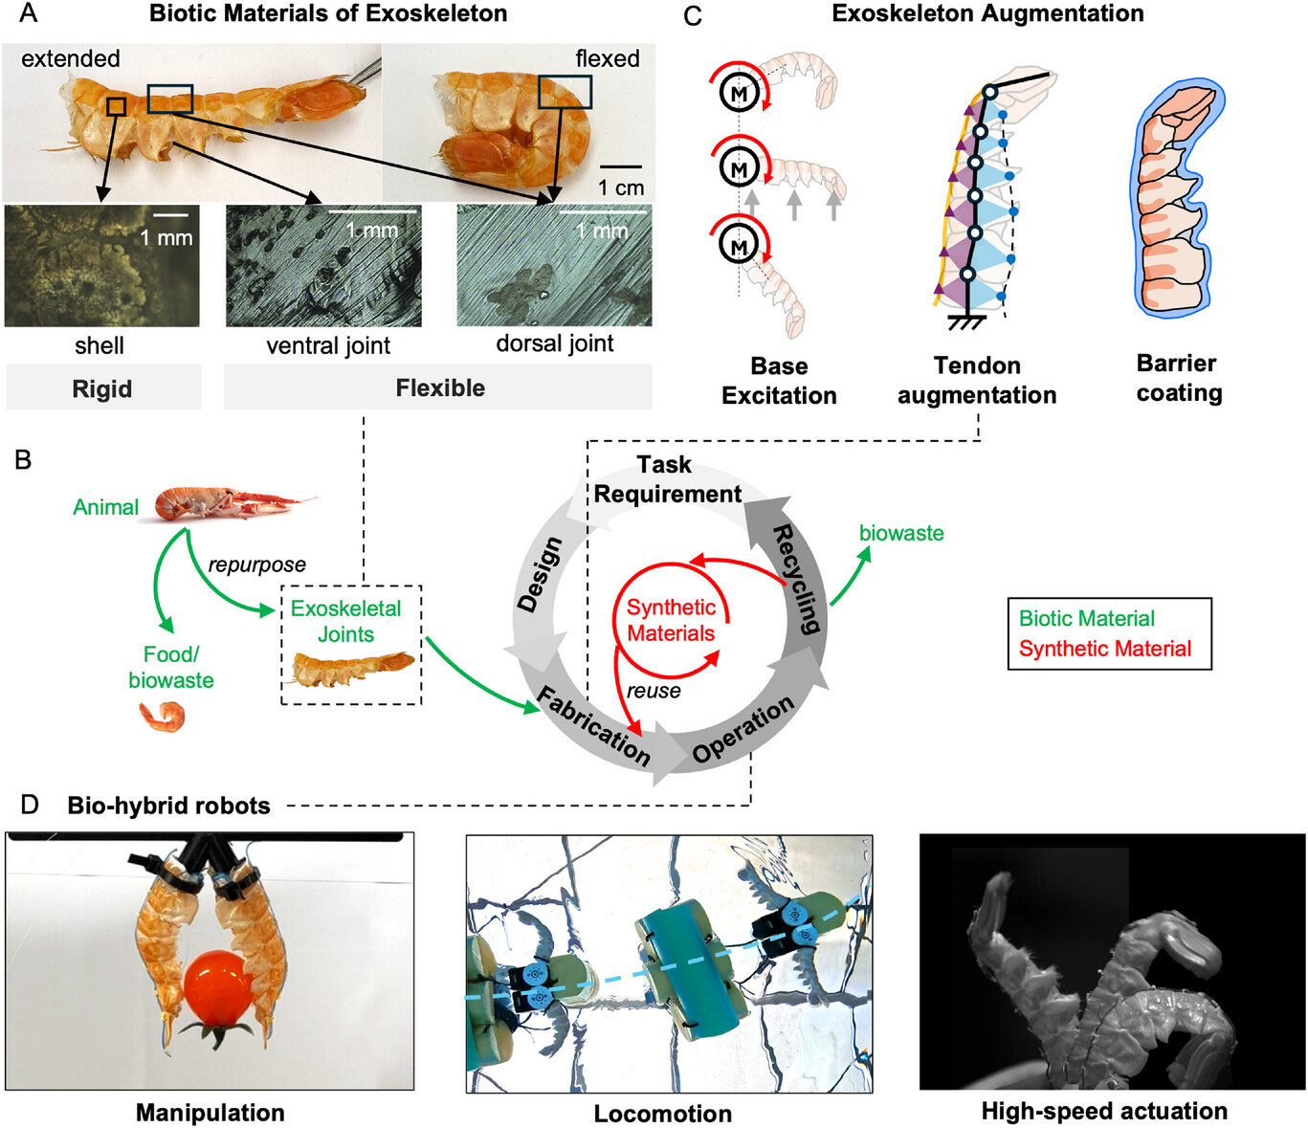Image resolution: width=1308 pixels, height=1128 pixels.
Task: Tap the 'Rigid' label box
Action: [102, 388]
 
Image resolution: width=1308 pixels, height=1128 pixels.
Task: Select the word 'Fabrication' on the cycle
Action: [593, 726]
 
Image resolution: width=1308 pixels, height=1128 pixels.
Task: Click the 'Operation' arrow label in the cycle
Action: [743, 729]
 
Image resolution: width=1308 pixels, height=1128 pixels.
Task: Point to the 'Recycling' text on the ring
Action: [796, 579]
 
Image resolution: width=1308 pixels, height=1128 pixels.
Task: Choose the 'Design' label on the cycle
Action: [539, 574]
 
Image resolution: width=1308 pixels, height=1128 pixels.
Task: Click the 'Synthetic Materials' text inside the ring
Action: [671, 620]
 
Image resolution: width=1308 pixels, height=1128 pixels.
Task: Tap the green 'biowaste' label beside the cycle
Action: [901, 533]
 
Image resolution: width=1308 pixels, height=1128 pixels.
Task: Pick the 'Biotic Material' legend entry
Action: [1086, 618]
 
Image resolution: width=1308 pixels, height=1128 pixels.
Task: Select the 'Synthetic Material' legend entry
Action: [1104, 649]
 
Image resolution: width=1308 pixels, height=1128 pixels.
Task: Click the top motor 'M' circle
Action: [739, 94]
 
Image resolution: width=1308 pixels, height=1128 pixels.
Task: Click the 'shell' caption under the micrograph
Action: [100, 345]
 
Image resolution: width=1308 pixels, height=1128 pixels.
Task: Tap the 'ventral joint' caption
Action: [328, 345]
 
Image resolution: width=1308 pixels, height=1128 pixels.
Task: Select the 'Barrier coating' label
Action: [1179, 378]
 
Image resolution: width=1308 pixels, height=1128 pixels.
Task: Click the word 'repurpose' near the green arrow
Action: [256, 564]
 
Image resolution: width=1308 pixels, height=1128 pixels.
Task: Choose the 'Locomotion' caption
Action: [663, 1114]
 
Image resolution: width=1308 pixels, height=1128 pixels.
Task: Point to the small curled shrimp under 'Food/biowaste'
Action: [161, 716]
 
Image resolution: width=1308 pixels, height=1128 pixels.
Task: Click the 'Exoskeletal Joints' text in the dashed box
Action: [345, 621]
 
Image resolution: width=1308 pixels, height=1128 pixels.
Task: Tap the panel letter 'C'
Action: [693, 15]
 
